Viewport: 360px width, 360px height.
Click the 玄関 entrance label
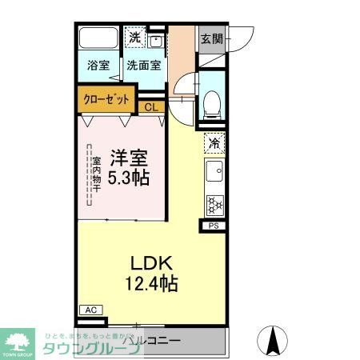click(x=212, y=38)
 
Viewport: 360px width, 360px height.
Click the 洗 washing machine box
click(x=136, y=38)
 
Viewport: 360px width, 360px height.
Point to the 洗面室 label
click(x=143, y=66)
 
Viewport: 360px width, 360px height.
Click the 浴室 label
click(x=99, y=66)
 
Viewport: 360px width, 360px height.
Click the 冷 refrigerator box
click(x=214, y=142)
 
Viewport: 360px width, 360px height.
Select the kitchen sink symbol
click(x=214, y=171)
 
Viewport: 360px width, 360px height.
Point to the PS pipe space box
click(x=214, y=226)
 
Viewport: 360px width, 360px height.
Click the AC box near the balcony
click(x=90, y=310)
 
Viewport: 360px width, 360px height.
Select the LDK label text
click(x=150, y=264)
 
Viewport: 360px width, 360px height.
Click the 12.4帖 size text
click(x=150, y=283)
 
